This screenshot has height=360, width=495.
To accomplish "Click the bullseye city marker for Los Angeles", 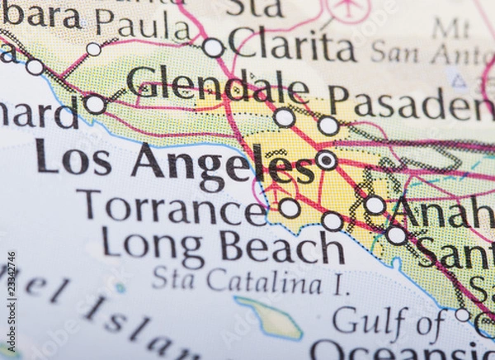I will pyautogui.click(x=327, y=160).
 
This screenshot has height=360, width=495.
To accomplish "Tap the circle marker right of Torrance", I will pyautogui.click(x=290, y=208).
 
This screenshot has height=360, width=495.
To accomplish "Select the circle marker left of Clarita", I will pyautogui.click(x=213, y=47).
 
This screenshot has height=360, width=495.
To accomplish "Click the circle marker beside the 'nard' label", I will pyautogui.click(x=95, y=104).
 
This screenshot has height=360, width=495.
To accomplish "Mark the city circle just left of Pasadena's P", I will pyautogui.click(x=328, y=126).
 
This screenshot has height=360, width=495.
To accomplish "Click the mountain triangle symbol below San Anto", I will pyautogui.click(x=458, y=80).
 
